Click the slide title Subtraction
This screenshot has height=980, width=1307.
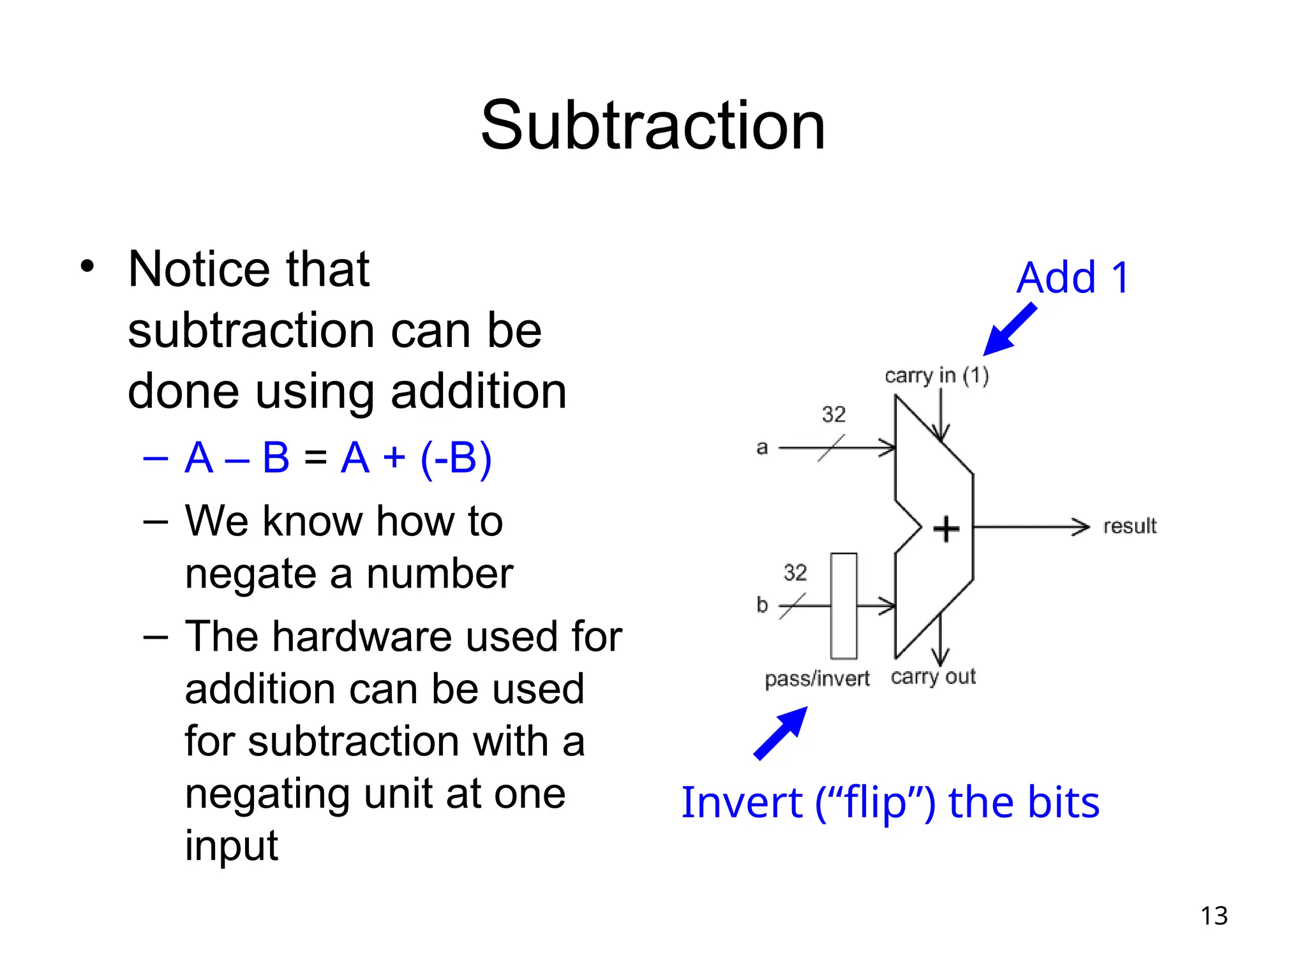(653, 126)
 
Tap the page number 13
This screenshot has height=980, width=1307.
(1214, 916)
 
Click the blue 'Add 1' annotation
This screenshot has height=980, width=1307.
(1073, 278)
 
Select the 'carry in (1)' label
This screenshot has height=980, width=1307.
(936, 376)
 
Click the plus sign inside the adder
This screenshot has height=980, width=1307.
(946, 529)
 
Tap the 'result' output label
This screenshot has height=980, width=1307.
(1130, 526)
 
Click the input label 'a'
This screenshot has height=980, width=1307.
(762, 448)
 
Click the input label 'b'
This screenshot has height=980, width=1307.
(762, 604)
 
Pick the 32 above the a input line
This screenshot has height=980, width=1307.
(833, 415)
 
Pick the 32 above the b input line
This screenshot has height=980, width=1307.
(795, 572)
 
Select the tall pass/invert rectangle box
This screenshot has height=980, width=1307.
(844, 605)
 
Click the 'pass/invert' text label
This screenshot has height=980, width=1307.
(817, 679)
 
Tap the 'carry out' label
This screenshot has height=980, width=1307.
(933, 677)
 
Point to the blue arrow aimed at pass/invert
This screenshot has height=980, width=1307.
(780, 734)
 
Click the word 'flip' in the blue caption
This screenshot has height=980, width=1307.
(875, 803)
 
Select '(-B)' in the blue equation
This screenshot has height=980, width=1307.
(456, 458)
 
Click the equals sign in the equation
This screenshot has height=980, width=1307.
(315, 458)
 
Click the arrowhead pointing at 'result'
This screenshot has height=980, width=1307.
(1080, 527)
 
